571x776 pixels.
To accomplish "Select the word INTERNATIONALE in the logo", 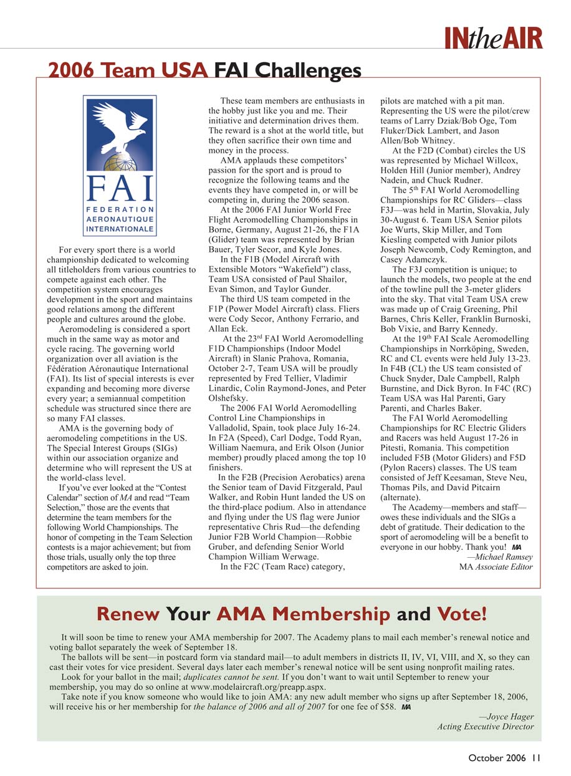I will (120, 229).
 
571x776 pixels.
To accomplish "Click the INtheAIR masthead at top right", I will (493, 38).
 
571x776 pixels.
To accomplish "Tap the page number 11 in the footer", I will (536, 759).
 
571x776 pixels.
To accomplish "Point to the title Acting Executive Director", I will (486, 727).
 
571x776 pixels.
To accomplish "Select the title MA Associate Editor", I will (496, 567).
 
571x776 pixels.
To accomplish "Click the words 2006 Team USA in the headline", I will (128, 70).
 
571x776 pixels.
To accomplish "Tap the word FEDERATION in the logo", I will (120, 209).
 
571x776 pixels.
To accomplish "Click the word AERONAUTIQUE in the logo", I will (120, 219).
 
